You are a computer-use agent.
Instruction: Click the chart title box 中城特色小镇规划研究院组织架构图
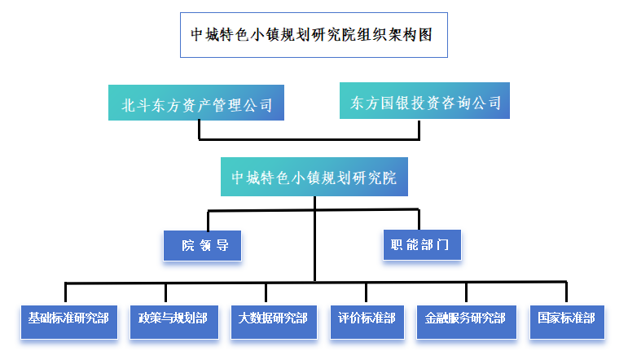(x=314, y=34)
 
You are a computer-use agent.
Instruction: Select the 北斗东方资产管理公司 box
(x=196, y=103)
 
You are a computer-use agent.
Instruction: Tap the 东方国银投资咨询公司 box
(x=424, y=102)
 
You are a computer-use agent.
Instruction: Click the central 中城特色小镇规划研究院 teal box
(x=314, y=178)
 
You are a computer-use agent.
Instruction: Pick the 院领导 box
(x=202, y=245)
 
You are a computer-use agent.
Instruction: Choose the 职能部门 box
(x=422, y=244)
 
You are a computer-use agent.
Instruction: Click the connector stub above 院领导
(x=209, y=221)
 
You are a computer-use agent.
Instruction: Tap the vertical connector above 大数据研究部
(x=266, y=294)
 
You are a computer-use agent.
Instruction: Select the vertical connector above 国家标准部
(x=566, y=294)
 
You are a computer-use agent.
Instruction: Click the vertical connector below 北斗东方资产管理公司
(x=200, y=130)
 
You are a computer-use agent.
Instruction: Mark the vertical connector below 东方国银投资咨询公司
(x=420, y=130)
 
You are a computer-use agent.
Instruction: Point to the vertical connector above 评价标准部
(x=366, y=294)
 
